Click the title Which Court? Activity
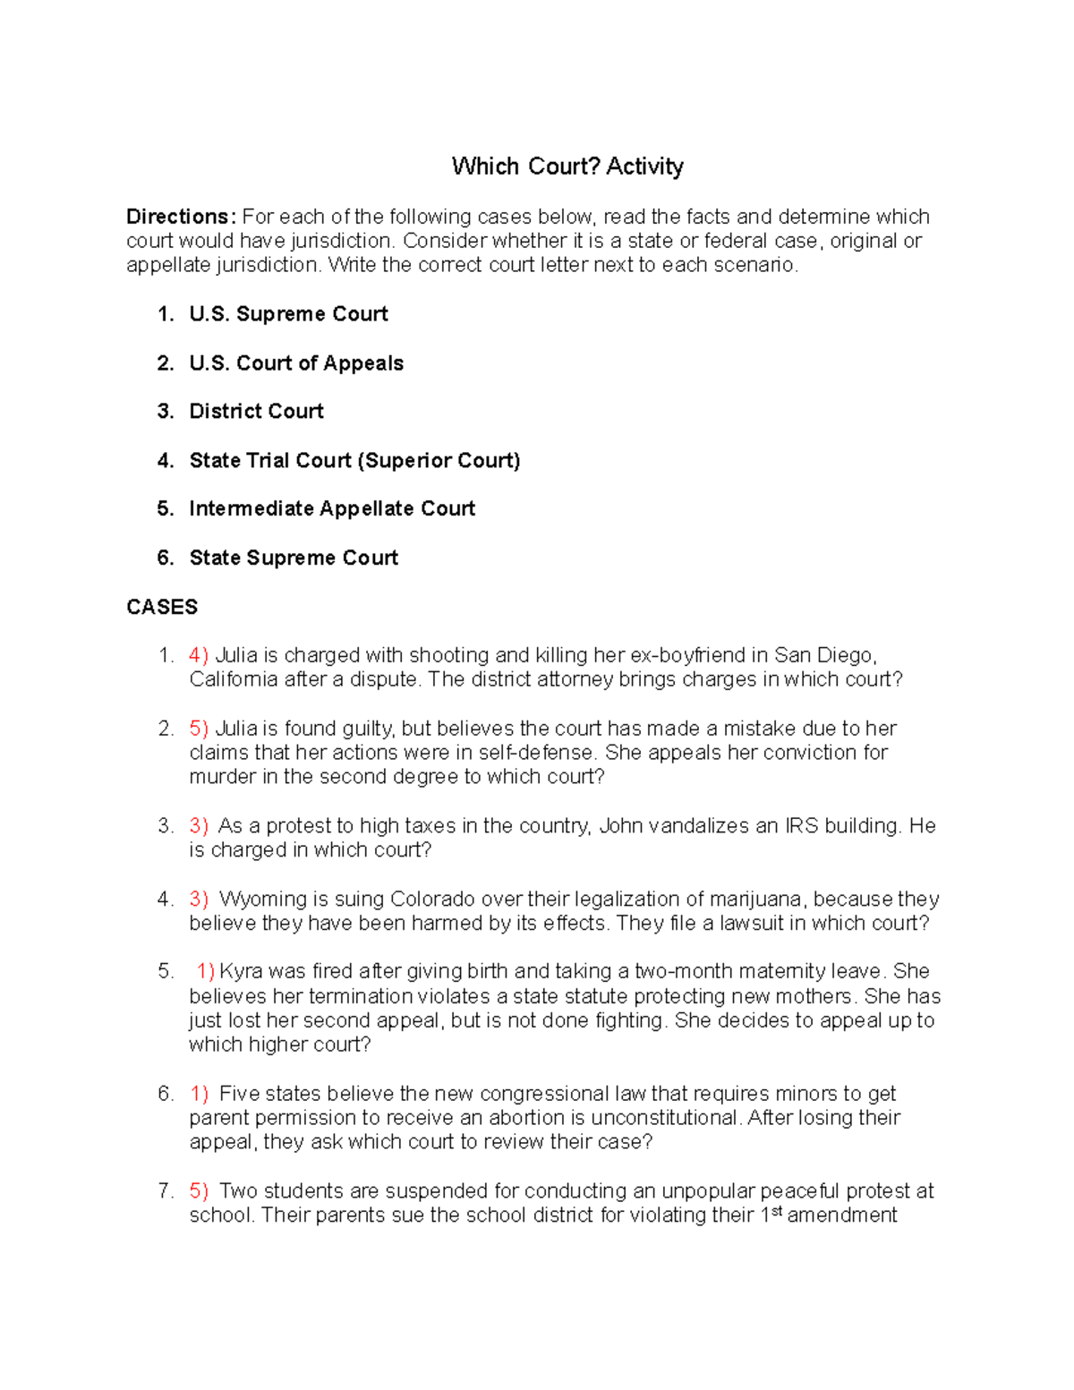567,166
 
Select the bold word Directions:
181,217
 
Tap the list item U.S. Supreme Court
288,314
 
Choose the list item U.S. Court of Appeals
296,363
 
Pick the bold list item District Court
256,412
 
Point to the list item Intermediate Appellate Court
332,509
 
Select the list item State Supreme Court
294,559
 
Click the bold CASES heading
162,607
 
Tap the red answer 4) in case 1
199,655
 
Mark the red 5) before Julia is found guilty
199,729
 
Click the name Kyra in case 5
240,972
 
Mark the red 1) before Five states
199,1094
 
